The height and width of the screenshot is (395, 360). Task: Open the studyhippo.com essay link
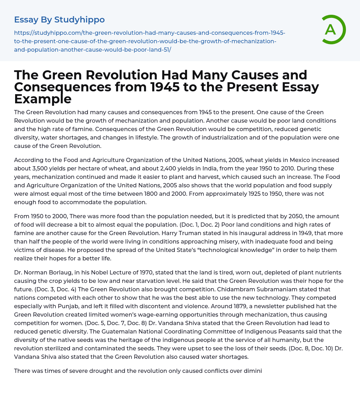pos(149,41)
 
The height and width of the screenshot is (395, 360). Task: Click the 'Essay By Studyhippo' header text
pos(59,20)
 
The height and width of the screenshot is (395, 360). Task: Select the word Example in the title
pos(43,99)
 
